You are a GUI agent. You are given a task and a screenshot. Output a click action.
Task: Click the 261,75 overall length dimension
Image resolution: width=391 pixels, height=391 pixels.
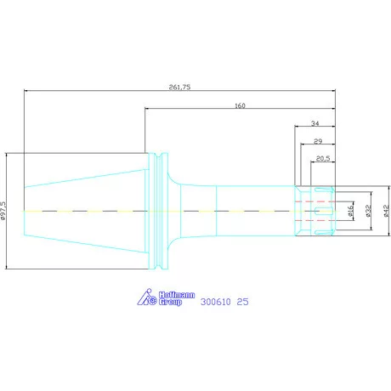[179, 87]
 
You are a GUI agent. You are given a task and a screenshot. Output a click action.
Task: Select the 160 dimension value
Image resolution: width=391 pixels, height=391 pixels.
[240, 105]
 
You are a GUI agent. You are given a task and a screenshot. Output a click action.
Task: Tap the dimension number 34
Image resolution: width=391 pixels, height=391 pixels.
[315, 123]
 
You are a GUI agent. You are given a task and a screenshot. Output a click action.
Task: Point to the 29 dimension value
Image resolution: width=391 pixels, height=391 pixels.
[318, 141]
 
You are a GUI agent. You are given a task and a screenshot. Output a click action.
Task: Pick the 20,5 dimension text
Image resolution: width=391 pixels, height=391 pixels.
[323, 158]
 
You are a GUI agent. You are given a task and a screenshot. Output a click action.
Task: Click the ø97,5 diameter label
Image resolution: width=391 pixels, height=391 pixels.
[3, 211]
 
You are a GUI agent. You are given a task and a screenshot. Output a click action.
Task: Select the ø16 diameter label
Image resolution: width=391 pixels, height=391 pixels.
[351, 211]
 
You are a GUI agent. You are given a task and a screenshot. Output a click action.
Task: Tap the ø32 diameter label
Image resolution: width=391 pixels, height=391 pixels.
[368, 211]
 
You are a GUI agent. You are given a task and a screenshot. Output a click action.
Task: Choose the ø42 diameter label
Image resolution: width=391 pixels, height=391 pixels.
[387, 211]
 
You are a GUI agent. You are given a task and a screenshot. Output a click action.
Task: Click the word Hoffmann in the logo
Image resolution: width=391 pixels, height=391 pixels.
[177, 295]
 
